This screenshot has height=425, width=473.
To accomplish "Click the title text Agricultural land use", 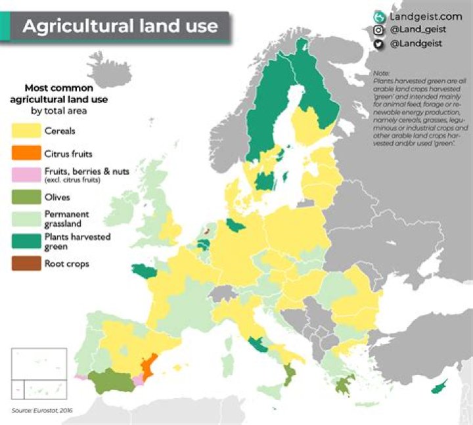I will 120,26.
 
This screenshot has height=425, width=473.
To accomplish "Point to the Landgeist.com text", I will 426,16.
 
